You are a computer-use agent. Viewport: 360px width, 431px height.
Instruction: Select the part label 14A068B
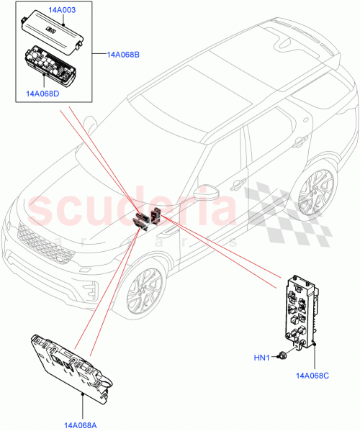tap(124, 54)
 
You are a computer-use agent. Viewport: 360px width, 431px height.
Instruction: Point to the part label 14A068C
tap(311, 374)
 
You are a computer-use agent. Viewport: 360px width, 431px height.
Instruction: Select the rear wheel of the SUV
tap(314, 194)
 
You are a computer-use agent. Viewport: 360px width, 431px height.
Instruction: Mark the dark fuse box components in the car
tap(148, 218)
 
